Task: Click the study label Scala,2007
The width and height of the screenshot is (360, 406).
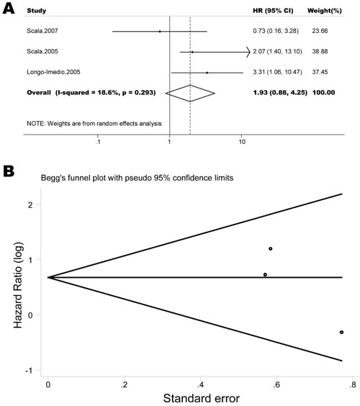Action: [x=42, y=31]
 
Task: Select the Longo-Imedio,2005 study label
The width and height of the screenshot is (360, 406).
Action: [x=53, y=72]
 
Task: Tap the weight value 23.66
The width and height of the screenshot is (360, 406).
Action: [x=320, y=31]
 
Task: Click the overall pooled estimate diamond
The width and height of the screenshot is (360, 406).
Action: [x=190, y=93]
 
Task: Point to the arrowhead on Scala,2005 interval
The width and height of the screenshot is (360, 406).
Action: [x=248, y=52]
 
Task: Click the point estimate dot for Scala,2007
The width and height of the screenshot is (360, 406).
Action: [x=160, y=32]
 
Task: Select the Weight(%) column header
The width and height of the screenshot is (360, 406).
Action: [x=325, y=11]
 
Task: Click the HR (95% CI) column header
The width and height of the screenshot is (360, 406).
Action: [x=273, y=11]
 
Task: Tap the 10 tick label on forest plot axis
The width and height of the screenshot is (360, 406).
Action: [x=242, y=142]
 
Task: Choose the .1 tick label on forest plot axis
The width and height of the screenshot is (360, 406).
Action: [x=98, y=142]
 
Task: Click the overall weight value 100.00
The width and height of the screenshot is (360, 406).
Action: [x=324, y=92]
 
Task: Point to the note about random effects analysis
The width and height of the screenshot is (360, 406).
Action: [x=94, y=124]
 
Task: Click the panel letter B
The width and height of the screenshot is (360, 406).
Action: [x=9, y=171]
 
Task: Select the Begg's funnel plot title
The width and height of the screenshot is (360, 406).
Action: [x=137, y=178]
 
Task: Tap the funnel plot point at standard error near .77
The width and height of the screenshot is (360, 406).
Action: [x=341, y=332]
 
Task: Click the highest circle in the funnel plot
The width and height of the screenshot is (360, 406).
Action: [x=271, y=249]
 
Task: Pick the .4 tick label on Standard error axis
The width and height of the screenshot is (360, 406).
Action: [x=200, y=385]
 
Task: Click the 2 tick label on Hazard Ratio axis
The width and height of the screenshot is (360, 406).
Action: [x=30, y=204]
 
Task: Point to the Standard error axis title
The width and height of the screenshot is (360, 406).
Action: [x=201, y=398]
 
